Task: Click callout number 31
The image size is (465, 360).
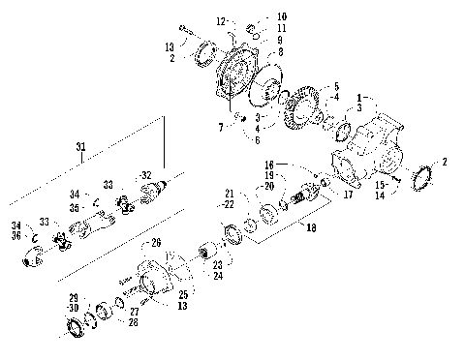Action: [x=81, y=146]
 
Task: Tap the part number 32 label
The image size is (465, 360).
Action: [x=147, y=175]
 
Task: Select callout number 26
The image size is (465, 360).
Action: [x=156, y=242]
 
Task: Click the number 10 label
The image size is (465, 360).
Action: [x=254, y=17]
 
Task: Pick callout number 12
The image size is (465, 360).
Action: [x=220, y=20]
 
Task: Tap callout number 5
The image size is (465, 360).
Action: [x=336, y=86]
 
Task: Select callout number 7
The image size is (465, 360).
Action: [x=221, y=127]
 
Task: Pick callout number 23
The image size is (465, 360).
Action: [x=217, y=263]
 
